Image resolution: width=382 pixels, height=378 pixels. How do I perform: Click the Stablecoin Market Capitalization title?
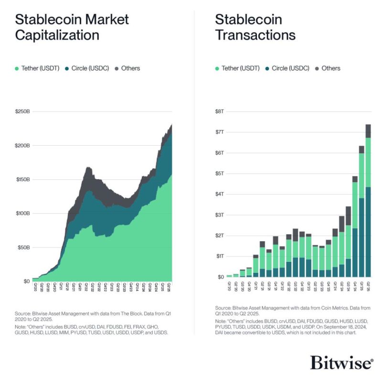[72, 27]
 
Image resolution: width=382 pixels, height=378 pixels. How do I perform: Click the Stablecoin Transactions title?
[255, 27]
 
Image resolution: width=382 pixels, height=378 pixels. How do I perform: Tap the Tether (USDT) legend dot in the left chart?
[18, 68]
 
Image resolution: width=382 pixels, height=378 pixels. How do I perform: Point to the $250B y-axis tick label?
[22, 111]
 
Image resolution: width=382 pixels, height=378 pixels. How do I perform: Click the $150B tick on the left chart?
[22, 180]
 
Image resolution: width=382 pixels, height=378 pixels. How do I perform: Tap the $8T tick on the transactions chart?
[219, 111]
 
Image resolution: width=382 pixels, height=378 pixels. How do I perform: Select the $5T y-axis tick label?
[219, 173]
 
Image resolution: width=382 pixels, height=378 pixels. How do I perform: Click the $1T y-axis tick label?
[219, 256]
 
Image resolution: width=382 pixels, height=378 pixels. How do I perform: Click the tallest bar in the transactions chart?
[368, 201]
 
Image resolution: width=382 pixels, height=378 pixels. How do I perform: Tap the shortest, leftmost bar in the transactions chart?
[229, 276]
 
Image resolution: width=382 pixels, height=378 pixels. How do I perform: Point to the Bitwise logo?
[342, 362]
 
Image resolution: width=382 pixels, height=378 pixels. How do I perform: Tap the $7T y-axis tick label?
[219, 132]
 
